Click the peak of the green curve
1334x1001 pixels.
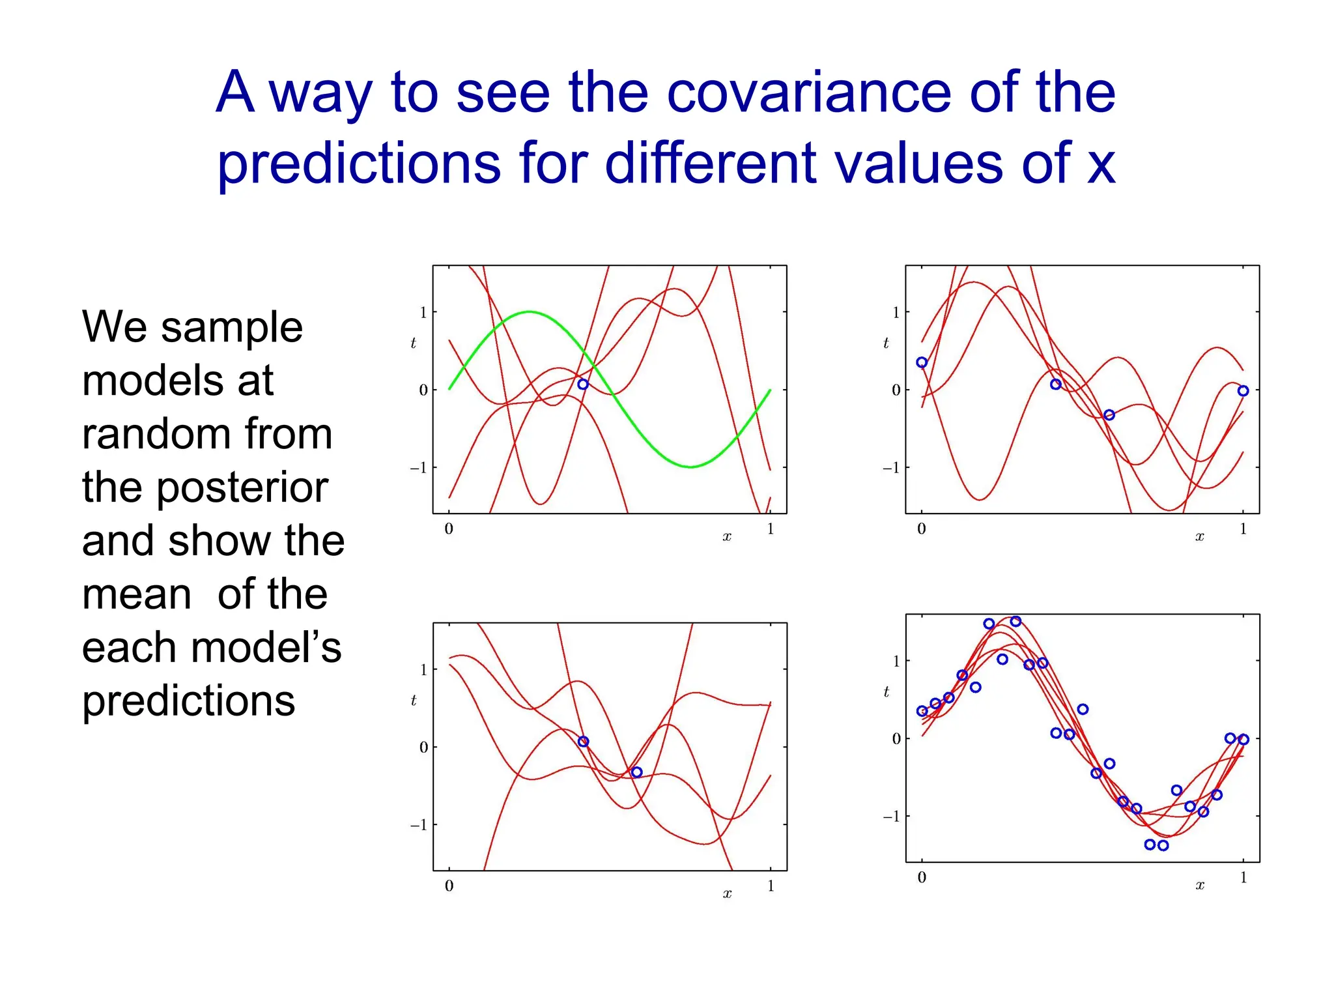pos(530,312)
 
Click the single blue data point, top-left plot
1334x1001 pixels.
pos(583,384)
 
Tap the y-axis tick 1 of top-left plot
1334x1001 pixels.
pos(423,313)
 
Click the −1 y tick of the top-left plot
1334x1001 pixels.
pos(419,468)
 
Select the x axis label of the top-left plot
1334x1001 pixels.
pos(727,537)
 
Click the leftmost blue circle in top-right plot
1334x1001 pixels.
pos(922,362)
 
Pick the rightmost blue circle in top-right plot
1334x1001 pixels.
pos(1243,391)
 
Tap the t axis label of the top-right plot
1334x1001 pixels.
pos(886,343)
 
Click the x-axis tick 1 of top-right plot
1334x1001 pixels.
pos(1243,529)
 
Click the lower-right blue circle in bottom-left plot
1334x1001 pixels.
pos(637,772)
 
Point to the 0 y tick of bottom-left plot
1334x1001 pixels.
pos(423,747)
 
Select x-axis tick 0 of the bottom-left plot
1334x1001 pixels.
pos(449,886)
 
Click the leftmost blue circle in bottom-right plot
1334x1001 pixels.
pos(922,711)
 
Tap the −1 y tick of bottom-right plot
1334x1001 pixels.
pos(892,817)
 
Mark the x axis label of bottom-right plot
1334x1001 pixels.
pos(1200,886)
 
